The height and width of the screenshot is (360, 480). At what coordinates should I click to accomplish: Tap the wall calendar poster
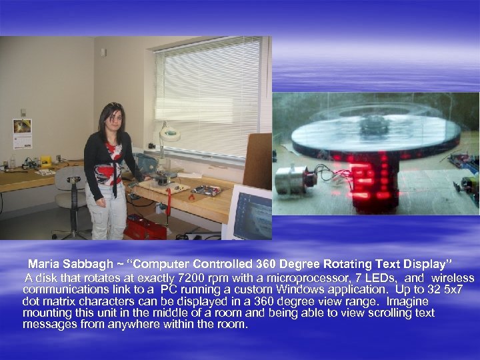tap(22, 133)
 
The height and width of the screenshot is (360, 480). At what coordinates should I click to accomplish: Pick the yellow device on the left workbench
tap(46, 161)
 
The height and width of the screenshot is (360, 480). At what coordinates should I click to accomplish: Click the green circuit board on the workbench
tap(207, 190)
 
